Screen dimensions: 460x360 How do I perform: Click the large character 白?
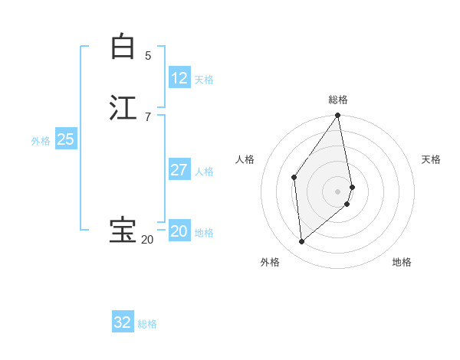pos(122,47)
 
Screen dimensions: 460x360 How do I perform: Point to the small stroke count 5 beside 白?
pos(148,56)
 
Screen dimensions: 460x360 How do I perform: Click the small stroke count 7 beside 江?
pos(148,116)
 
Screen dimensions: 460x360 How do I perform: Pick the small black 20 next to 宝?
pos(146,240)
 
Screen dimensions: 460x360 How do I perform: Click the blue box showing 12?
pos(179,77)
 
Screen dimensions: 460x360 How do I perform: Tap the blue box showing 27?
pos(179,170)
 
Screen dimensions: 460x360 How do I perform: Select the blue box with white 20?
pos(179,231)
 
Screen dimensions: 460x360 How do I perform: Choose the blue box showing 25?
pos(65,139)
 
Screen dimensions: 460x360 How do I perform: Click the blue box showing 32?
pos(123,322)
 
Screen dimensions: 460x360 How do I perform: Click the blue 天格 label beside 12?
pos(204,80)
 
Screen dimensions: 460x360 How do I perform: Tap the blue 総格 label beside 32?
pos(147,324)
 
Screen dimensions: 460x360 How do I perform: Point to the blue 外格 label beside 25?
pos(41,141)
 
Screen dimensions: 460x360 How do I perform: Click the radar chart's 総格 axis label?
pos(338,100)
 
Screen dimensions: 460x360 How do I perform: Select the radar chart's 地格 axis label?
pos(402,263)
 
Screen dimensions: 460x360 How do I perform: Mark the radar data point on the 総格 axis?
pos(338,116)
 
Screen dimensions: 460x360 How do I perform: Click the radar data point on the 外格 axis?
pos(302,242)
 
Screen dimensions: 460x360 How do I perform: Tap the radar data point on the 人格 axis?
pos(294,177)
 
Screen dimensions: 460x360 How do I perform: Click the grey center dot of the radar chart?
pos(338,191)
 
